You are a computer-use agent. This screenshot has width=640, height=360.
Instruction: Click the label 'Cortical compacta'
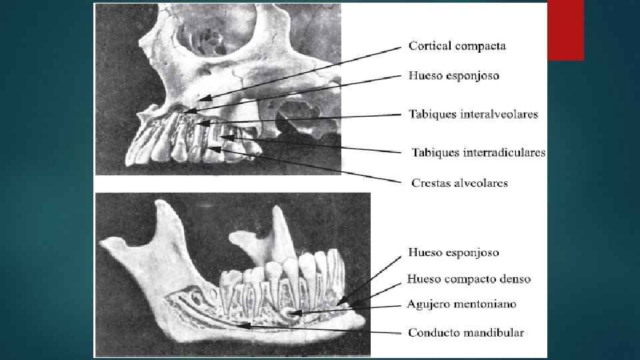[457, 46]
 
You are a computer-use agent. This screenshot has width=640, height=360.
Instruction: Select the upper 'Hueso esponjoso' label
[453, 76]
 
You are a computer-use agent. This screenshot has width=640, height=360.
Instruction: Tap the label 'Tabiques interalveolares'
[473, 114]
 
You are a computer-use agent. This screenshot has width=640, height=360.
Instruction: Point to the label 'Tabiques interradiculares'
[478, 153]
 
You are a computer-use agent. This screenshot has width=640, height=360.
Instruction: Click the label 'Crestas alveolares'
[459, 183]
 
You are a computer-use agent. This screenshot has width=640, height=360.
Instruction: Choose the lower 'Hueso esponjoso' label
[453, 253]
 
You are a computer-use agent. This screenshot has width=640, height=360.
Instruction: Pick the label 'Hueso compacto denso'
[469, 279]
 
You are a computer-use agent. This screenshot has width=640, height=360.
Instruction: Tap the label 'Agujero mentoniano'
[461, 304]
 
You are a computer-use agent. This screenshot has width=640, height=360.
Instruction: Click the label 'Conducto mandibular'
[465, 333]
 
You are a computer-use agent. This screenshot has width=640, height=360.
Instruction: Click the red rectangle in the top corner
[565, 31]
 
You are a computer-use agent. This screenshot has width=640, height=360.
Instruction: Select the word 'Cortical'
[429, 46]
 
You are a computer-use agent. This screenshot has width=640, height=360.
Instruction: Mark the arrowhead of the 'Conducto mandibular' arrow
[245, 325]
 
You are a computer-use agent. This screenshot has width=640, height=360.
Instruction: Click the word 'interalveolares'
[499, 114]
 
